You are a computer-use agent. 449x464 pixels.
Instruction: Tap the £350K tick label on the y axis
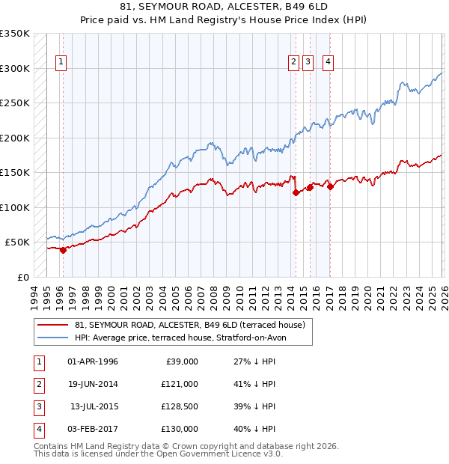tap(15, 34)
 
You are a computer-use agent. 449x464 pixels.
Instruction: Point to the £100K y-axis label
tap(15, 207)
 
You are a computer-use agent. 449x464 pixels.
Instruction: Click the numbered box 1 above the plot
tap(61, 63)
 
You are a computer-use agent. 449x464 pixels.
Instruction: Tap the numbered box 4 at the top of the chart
tap(329, 63)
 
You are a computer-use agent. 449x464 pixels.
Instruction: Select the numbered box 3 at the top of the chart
tap(308, 63)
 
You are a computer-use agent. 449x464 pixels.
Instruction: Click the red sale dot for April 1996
tap(63, 251)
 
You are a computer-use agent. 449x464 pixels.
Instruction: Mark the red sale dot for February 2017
tap(330, 187)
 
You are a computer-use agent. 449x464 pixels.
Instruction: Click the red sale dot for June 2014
tap(296, 193)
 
